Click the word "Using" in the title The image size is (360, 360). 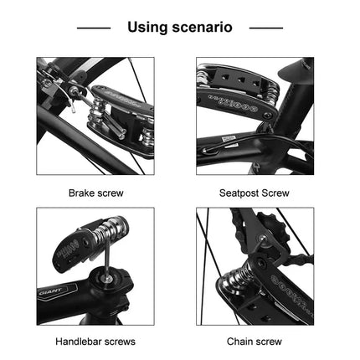tap(148, 28)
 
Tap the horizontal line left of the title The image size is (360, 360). tap(94, 28)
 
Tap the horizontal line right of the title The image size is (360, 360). tap(265, 28)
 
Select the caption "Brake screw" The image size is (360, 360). tap(95, 193)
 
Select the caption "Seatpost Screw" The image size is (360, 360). tap(255, 193)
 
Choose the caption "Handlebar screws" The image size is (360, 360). tap(95, 342)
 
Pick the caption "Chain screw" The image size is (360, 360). tap(255, 342)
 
